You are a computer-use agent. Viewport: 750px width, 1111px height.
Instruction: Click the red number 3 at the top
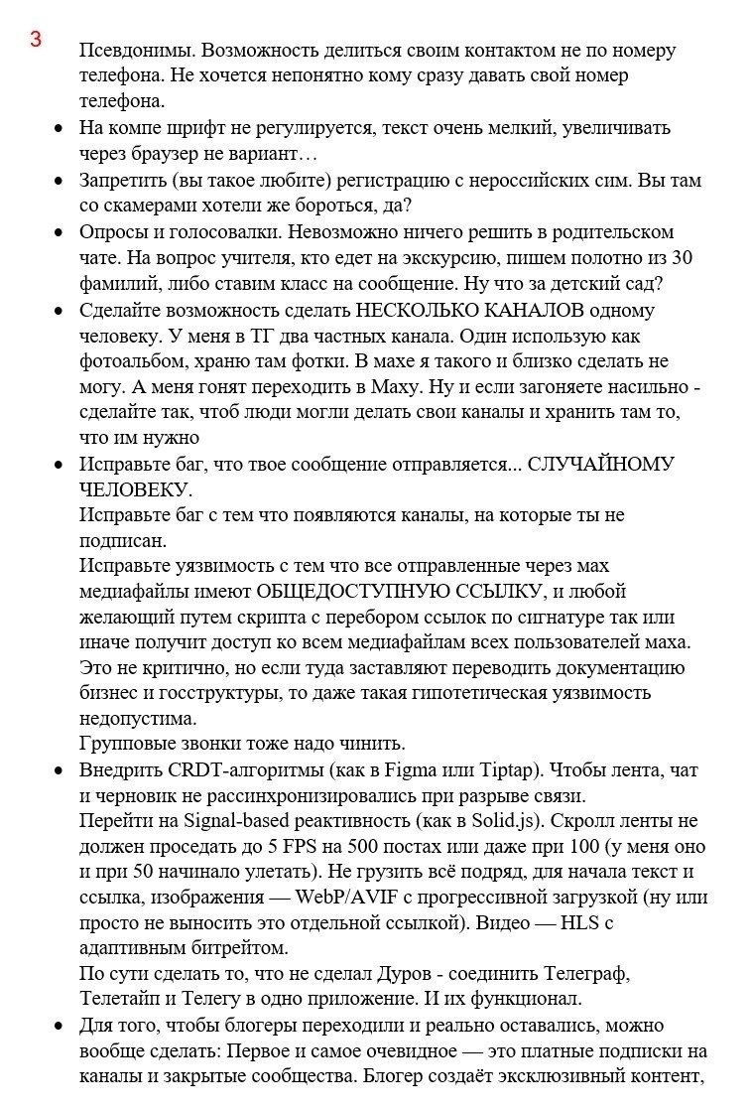[36, 40]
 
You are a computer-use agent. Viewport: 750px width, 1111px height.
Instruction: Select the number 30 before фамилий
[683, 257]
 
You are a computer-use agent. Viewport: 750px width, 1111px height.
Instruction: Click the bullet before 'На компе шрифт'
[60, 128]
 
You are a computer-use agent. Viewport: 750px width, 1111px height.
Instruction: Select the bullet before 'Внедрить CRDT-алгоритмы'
[60, 770]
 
